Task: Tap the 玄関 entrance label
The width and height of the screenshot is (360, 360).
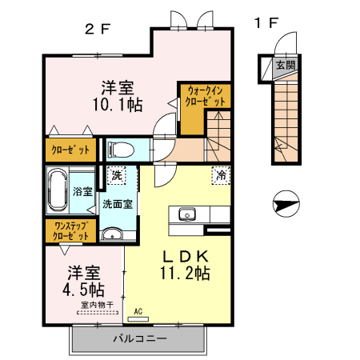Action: [285, 65]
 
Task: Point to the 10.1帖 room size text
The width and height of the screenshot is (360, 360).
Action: [117, 103]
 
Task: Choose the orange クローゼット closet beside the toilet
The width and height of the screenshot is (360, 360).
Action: [70, 150]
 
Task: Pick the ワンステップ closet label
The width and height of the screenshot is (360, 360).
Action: [70, 231]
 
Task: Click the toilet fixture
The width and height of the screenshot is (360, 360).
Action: [121, 149]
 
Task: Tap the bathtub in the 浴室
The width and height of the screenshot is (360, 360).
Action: [58, 191]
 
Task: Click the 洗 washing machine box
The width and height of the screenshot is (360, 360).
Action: [117, 175]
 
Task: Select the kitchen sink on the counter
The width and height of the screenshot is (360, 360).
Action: [187, 214]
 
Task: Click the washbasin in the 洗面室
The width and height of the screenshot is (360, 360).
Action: [113, 234]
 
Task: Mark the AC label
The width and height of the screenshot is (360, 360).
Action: [138, 311]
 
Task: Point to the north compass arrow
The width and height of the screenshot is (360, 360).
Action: [285, 206]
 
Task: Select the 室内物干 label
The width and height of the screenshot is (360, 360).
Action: [96, 304]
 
